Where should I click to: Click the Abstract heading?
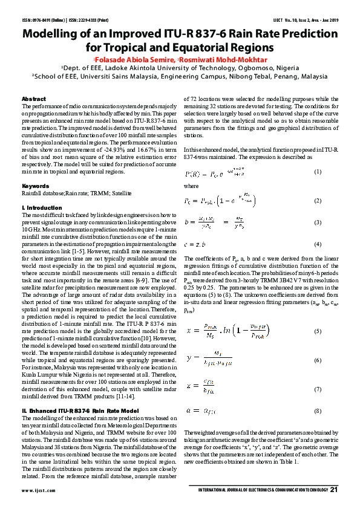pos(33,99)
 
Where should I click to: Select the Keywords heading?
pos(35,186)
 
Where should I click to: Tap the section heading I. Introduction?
pos(42,207)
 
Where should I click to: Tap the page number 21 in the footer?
pos(333,489)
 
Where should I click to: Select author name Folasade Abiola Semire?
pos(134,60)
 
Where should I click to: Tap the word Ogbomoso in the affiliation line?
pos(241,69)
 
